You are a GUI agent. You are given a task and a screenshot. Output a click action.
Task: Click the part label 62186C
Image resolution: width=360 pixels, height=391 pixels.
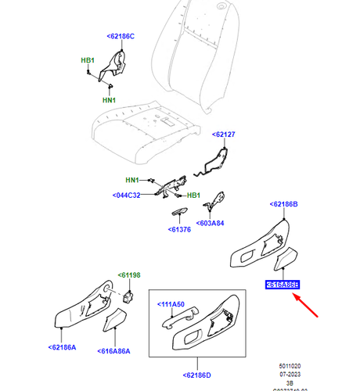click(x=121, y=36)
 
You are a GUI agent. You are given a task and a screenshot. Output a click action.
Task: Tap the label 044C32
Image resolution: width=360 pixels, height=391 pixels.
click(x=125, y=195)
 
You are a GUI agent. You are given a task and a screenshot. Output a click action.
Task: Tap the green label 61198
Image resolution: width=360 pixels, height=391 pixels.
click(x=128, y=274)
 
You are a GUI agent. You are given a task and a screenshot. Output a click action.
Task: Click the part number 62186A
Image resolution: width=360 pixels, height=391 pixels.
click(x=62, y=346)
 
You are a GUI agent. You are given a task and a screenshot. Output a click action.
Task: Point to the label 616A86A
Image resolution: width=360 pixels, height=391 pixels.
click(x=116, y=351)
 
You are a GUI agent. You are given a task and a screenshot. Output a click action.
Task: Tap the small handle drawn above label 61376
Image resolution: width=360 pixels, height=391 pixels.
click(x=179, y=213)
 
